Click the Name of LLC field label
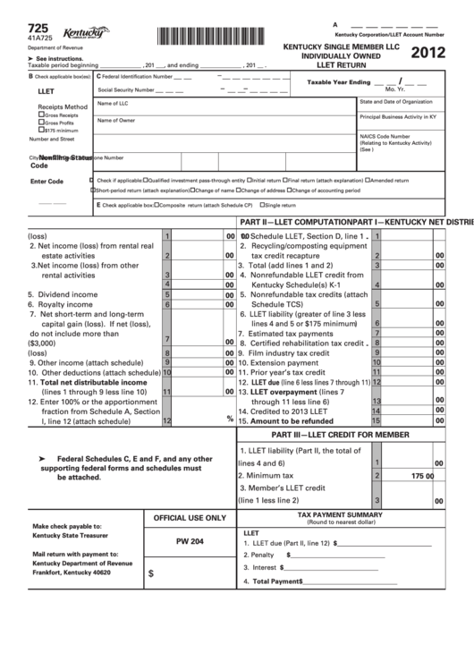pyautogui.click(x=114, y=105)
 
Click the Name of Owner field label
pyautogui.click(x=116, y=120)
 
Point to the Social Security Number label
pyautogui.click(x=125, y=90)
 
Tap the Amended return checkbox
pyautogui.click(x=367, y=180)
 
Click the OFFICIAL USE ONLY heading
pyautogui.click(x=190, y=518)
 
